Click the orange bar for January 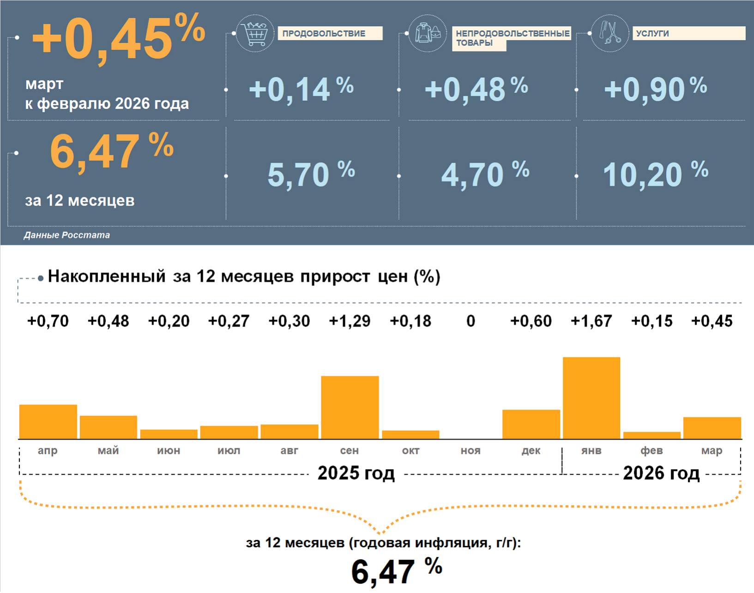click(591, 398)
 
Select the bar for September click(350, 407)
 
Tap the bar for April click(48, 422)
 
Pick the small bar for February click(651, 435)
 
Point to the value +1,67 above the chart click(591, 321)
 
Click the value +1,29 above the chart click(350, 321)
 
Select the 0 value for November click(470, 321)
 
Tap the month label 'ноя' click(470, 450)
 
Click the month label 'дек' click(531, 450)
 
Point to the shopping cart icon click(255, 33)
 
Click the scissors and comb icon click(610, 33)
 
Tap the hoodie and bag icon click(428, 33)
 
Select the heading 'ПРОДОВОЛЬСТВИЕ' click(324, 33)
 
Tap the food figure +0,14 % click(301, 89)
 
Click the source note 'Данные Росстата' click(67, 235)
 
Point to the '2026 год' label click(661, 473)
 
